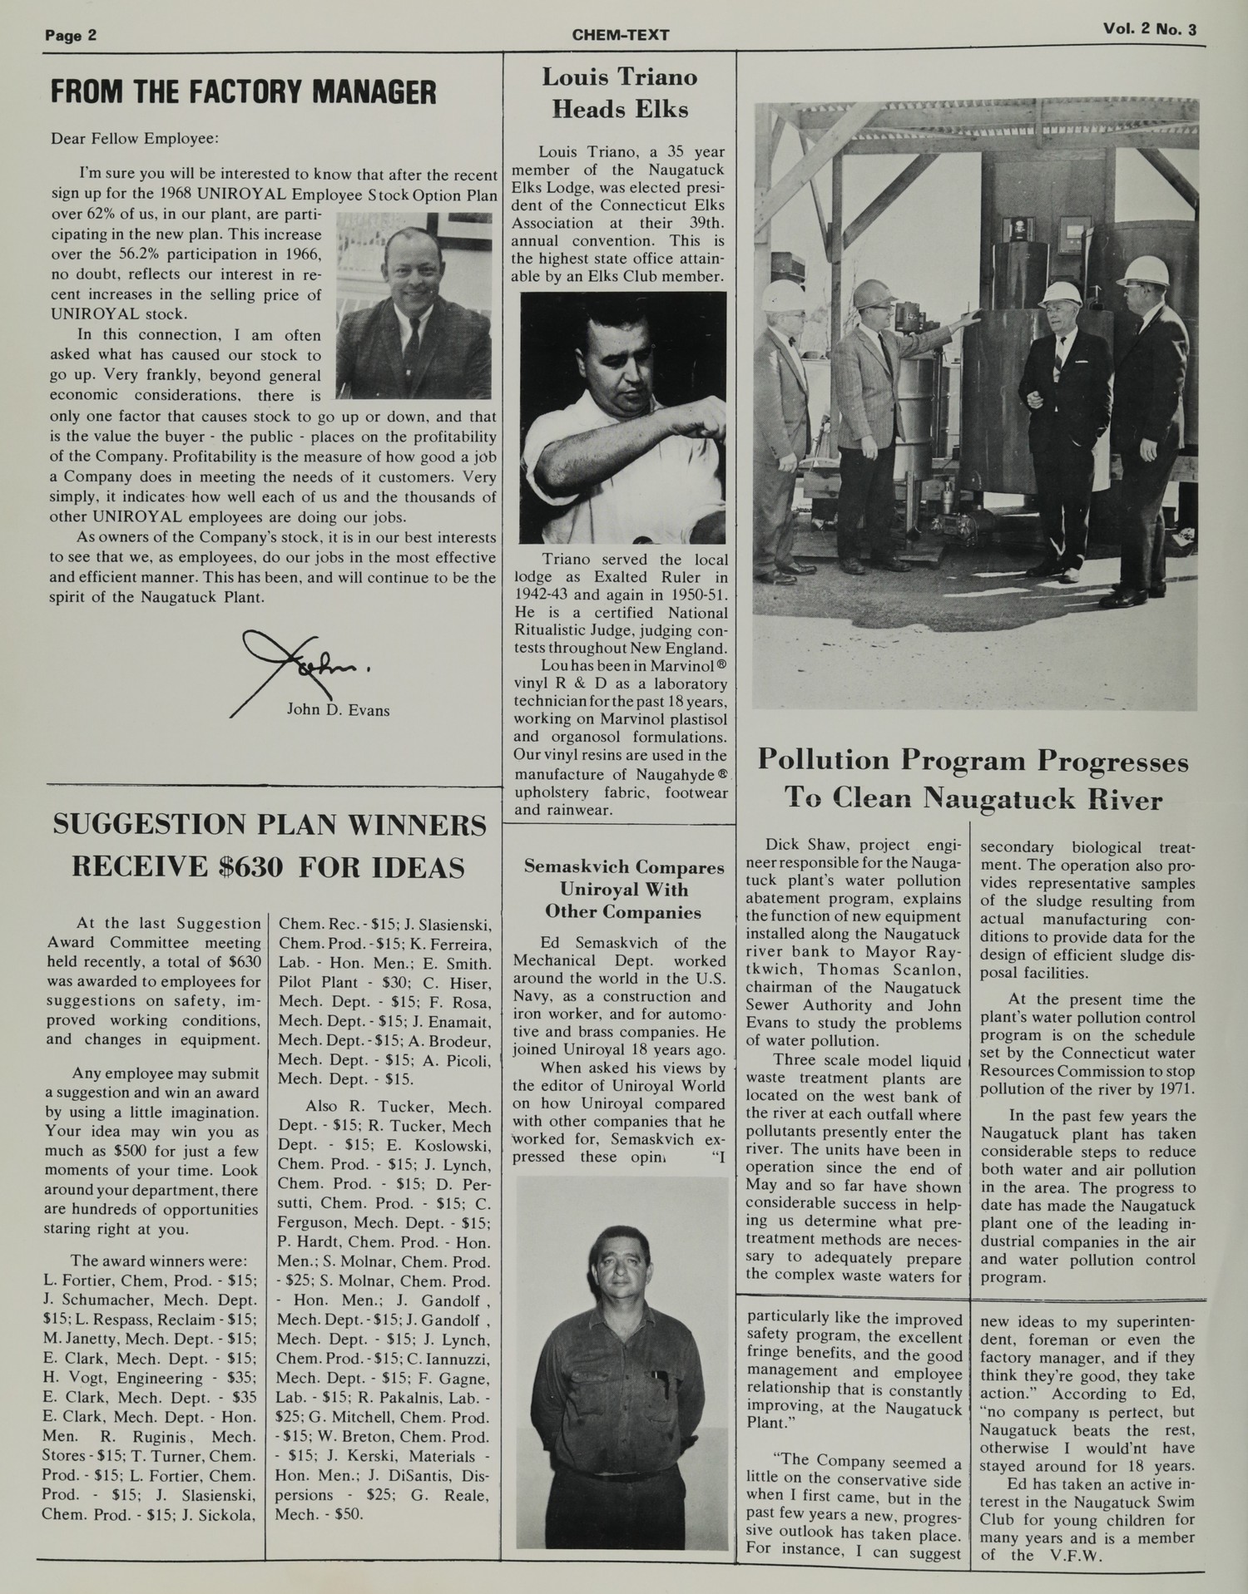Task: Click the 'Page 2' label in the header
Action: coord(71,35)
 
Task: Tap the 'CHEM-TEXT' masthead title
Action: coord(621,35)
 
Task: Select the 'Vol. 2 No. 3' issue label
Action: coord(1150,30)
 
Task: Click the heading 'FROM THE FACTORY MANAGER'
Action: coord(243,92)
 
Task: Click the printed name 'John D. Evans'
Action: coord(338,710)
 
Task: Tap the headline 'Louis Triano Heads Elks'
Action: coord(620,93)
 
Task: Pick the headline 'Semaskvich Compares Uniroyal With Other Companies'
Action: coord(623,889)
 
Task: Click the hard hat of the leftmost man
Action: coord(786,295)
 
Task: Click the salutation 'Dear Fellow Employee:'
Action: coord(135,138)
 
